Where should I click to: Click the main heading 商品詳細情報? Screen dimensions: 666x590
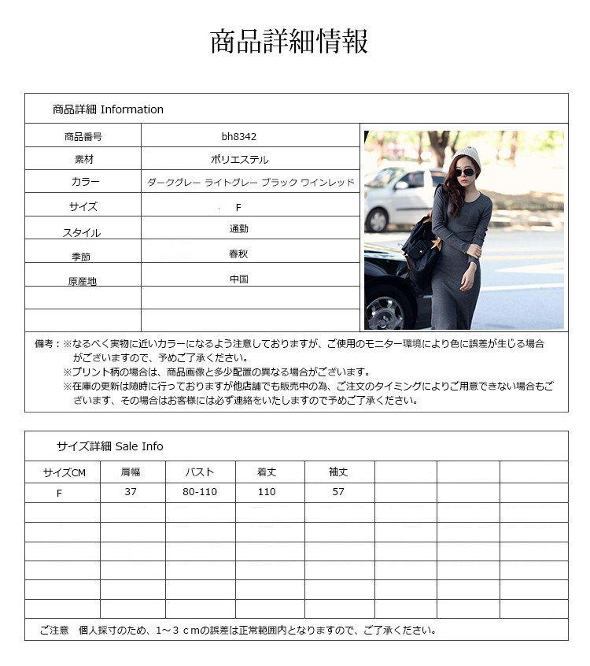click(x=289, y=42)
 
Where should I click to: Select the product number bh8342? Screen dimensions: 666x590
click(x=239, y=136)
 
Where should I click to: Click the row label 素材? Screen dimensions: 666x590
click(x=83, y=159)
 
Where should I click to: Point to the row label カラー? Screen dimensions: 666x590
click(x=83, y=182)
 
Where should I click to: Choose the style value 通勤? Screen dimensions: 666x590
click(x=239, y=228)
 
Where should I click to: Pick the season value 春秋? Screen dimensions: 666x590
click(x=239, y=254)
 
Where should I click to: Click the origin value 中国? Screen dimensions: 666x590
click(x=239, y=279)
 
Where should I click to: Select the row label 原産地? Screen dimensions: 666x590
click(x=83, y=281)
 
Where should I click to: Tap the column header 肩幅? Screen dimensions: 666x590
click(x=131, y=472)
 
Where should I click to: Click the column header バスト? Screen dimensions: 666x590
click(x=200, y=472)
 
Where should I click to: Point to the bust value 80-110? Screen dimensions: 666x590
click(x=200, y=492)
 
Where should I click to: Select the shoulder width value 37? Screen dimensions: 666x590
click(x=131, y=492)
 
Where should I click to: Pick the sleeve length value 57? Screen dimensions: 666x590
click(x=338, y=492)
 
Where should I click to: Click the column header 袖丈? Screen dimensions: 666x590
click(x=338, y=472)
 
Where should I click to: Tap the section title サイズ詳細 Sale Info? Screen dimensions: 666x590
click(x=109, y=446)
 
